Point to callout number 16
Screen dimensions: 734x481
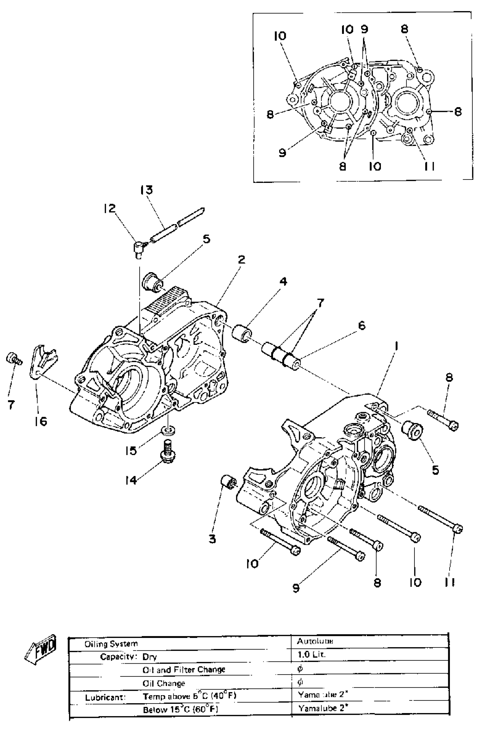click(41, 421)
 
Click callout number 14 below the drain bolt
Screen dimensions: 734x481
click(131, 480)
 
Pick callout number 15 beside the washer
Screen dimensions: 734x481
click(131, 451)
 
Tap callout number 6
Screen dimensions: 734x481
click(362, 325)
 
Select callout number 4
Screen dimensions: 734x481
click(283, 281)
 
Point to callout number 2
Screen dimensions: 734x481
click(241, 259)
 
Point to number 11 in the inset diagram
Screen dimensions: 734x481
click(429, 166)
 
